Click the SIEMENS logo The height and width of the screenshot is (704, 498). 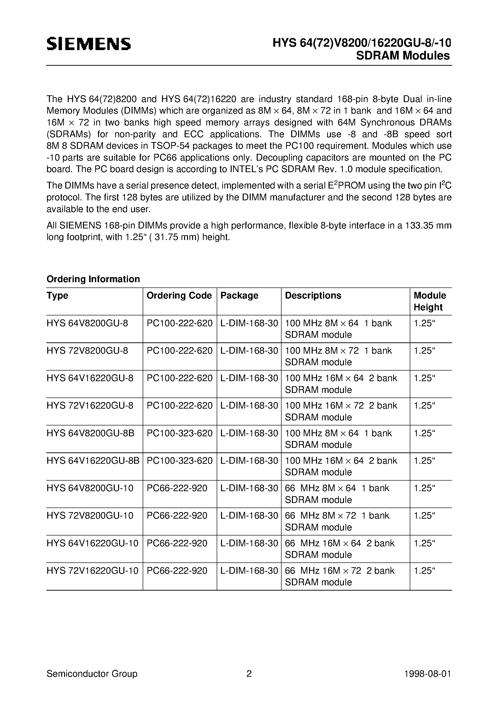pos(88,44)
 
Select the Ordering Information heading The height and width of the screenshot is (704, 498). pos(93,279)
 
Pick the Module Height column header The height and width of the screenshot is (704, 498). pos(430,301)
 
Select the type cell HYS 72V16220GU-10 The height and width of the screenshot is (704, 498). pos(92,571)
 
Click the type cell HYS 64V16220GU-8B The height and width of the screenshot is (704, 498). pos(93,461)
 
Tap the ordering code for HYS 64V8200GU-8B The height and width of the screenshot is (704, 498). pos(179,433)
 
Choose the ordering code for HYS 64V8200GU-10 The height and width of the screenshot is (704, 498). pos(177,488)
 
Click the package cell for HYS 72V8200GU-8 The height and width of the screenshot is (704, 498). pos(249,351)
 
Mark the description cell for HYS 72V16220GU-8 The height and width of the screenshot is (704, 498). pos(341,411)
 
